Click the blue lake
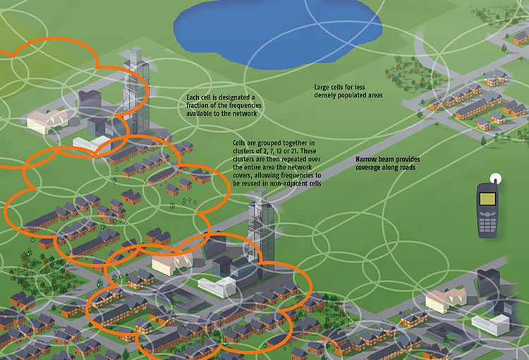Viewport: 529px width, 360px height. coord(278,34)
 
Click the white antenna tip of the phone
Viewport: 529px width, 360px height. coord(495,178)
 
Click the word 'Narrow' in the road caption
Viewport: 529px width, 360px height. coord(365,159)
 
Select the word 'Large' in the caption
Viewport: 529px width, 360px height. coord(322,87)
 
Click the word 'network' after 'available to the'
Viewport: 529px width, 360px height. coord(243,114)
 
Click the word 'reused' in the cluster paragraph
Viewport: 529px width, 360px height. coord(250,184)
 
